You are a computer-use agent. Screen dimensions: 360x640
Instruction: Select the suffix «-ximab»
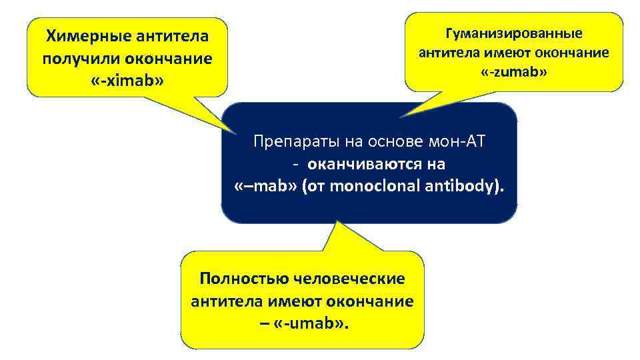click(x=127, y=81)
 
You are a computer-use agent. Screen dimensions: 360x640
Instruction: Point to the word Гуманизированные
click(x=513, y=33)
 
